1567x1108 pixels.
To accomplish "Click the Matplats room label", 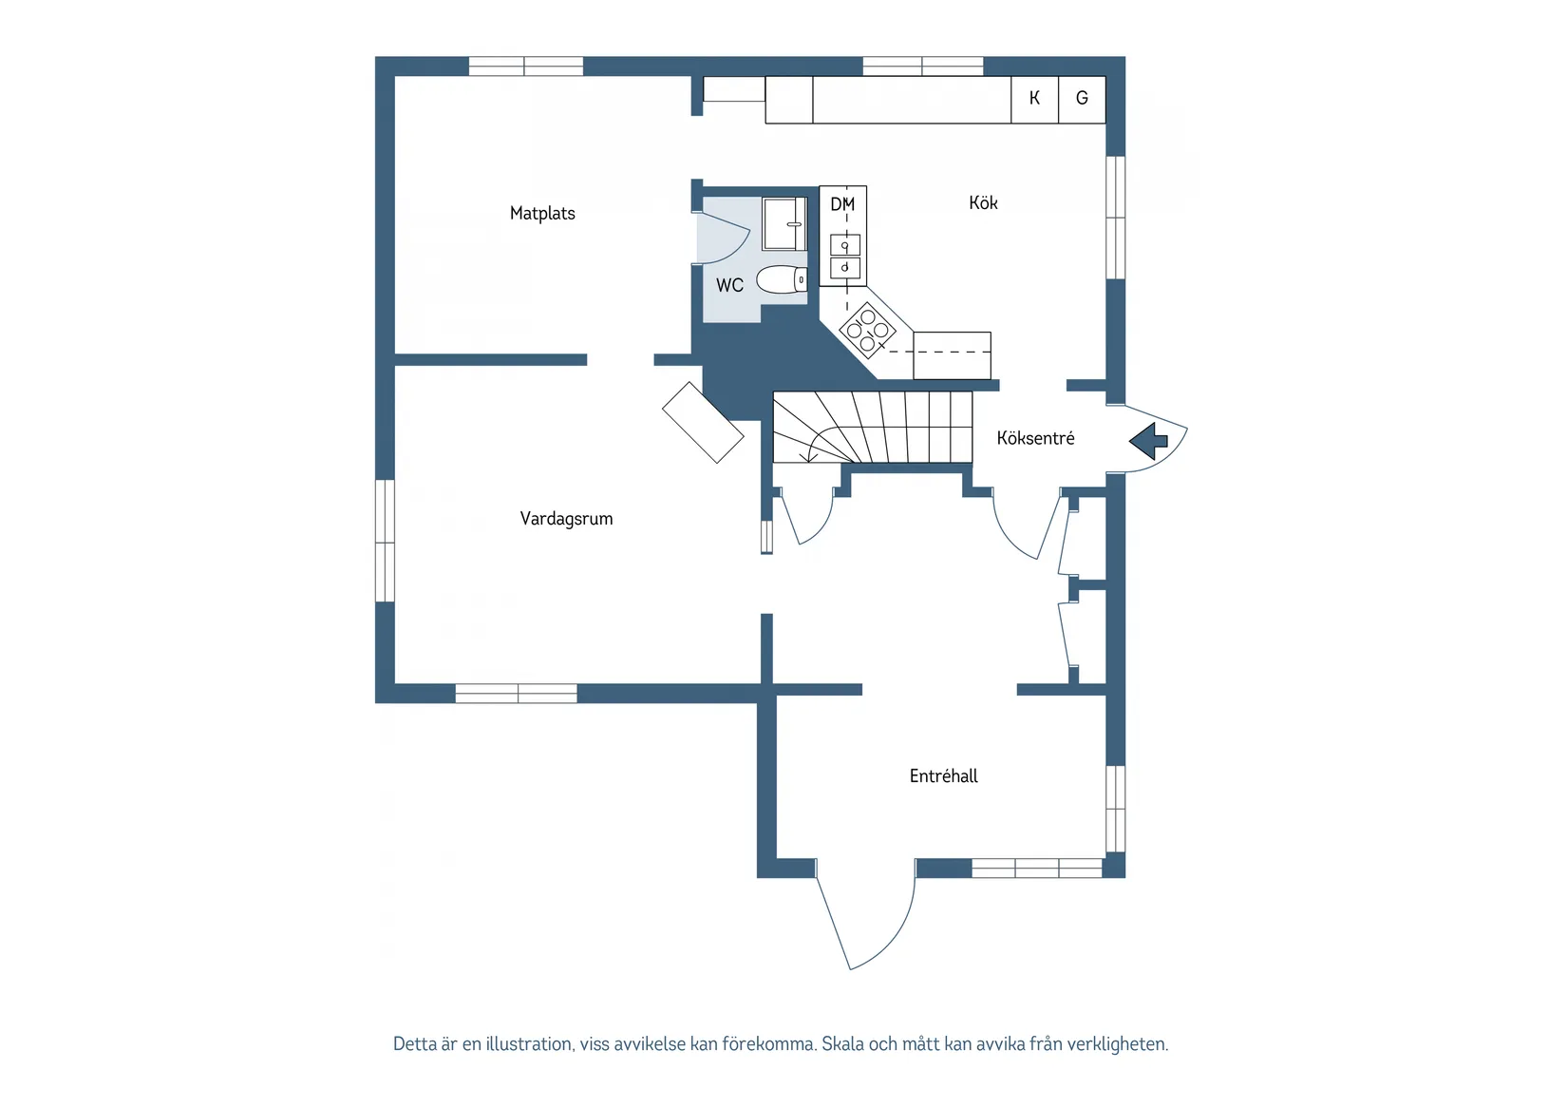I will (542, 213).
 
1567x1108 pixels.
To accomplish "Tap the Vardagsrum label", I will (566, 519).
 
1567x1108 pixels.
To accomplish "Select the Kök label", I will (983, 202).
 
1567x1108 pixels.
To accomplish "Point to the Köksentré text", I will (1035, 438).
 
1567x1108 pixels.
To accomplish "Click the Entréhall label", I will (943, 776).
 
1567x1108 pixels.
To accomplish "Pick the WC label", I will (729, 285).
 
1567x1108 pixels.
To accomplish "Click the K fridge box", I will (1034, 99).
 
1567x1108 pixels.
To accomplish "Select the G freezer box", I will (1082, 99).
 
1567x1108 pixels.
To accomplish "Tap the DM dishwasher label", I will (842, 204).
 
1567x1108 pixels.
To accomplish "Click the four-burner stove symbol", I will (867, 330).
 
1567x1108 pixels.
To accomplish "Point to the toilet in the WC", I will (781, 280).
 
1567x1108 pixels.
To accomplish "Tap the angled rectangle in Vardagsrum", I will (703, 423).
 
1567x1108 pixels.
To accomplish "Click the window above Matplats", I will (525, 67).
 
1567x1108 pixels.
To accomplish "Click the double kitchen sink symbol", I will (844, 257).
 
